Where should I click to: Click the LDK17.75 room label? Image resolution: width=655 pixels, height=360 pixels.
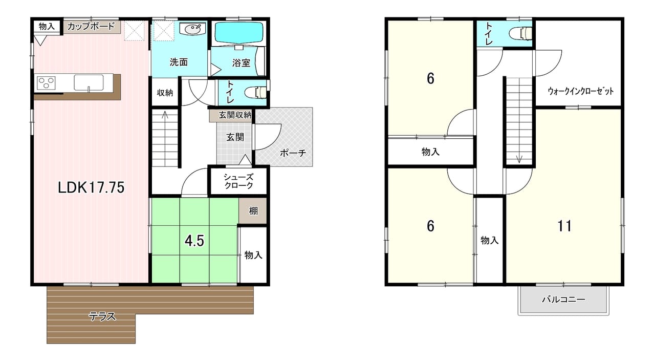(91, 187)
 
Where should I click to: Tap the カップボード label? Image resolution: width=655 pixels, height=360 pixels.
(91, 26)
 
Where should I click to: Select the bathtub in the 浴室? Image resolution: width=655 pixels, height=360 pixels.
(238, 33)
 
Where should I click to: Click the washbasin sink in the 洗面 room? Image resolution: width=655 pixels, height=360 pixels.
(194, 29)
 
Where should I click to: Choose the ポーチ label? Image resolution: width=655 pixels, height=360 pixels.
(293, 153)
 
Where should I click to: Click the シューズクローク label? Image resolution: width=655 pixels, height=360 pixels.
(238, 181)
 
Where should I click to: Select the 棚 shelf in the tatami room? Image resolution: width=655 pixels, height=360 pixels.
(253, 210)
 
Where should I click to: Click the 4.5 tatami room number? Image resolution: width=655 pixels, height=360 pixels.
(194, 241)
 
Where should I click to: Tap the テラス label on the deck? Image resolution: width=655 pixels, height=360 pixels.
(103, 316)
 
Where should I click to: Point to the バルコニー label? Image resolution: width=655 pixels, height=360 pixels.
(563, 300)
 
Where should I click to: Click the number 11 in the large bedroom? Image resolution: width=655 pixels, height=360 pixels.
(564, 226)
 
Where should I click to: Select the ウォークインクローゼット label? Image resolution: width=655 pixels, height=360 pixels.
(580, 91)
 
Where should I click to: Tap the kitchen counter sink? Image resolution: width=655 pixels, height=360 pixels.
(89, 82)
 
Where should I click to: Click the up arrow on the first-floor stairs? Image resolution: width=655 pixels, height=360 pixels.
(165, 116)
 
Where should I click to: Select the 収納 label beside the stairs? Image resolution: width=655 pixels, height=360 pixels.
(165, 93)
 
